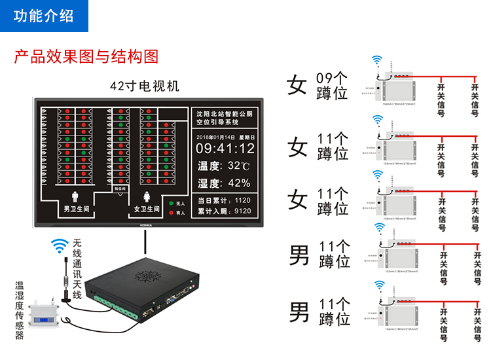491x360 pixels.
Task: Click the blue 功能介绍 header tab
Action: tap(44, 16)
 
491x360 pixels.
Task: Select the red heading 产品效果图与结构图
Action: tap(86, 56)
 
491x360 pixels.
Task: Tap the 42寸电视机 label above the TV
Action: tap(144, 86)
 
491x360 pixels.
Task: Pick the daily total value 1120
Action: tap(242, 200)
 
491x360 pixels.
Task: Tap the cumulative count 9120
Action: tap(242, 211)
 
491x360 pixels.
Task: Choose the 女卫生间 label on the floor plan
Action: tap(145, 209)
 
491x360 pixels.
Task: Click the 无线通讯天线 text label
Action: tap(77, 268)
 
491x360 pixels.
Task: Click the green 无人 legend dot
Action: tap(172, 204)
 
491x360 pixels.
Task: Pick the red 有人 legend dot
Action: tap(172, 212)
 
